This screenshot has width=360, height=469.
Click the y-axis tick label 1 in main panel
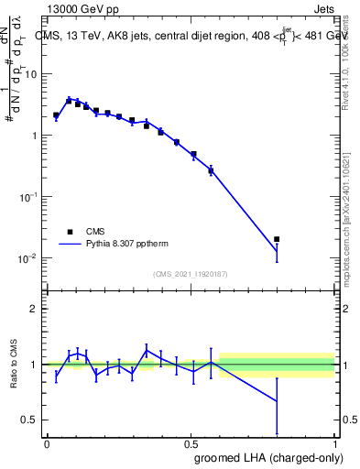coord(35,136)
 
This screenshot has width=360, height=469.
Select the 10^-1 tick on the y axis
coord(30,196)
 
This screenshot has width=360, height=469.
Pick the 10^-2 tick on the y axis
coord(30,257)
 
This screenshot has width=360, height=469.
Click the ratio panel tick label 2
coord(35,310)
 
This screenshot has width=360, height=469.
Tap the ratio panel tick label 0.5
coord(31,420)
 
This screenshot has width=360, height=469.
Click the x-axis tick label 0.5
coord(191,443)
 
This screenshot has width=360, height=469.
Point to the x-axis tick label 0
coord(47,443)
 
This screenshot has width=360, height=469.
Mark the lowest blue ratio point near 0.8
coord(277,401)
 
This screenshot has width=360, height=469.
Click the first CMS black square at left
coord(56,115)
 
